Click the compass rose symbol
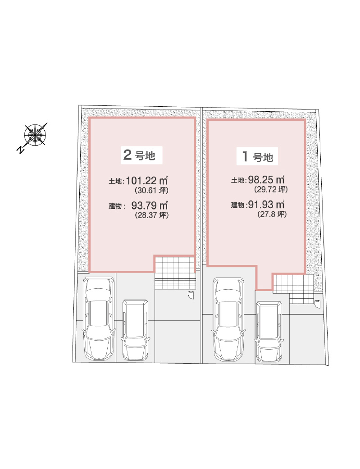[x=35, y=135]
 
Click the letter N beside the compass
[x=20, y=149]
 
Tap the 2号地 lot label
[x=139, y=155]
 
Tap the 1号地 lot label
[x=258, y=156]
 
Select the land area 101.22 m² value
[x=146, y=181]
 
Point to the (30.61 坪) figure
[x=152, y=190]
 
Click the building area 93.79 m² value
[x=149, y=206]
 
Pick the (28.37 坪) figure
[x=152, y=215]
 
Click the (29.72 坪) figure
[x=271, y=189]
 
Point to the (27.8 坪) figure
[x=272, y=214]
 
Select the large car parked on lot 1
[x=228, y=319]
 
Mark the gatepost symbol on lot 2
[x=190, y=295]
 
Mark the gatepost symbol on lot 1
[x=318, y=304]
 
